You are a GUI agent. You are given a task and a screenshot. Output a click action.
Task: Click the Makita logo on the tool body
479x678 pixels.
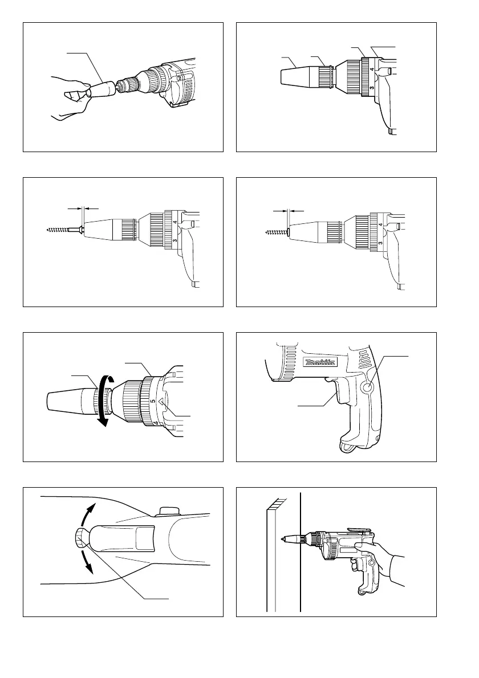click(x=320, y=362)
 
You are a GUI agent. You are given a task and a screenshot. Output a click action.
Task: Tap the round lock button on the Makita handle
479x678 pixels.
click(x=368, y=389)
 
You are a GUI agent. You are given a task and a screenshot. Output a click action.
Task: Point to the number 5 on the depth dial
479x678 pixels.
click(x=152, y=401)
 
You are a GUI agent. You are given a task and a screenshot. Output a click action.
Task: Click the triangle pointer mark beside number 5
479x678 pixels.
click(x=161, y=402)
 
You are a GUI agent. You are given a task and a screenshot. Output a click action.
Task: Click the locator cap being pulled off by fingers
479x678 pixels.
click(x=103, y=89)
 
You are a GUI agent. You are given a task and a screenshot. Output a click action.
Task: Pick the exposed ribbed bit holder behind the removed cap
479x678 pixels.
click(x=127, y=85)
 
